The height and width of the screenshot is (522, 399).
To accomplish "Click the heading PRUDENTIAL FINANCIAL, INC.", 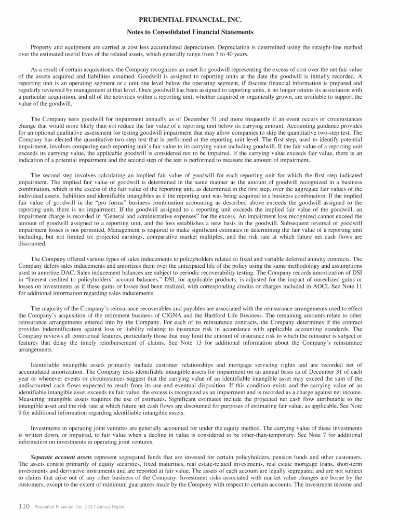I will [199, 20].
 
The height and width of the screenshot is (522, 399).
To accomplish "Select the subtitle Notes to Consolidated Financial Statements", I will [199, 32].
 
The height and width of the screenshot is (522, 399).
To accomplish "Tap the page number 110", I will [23, 506].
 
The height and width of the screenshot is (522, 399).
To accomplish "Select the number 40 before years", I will [230, 54].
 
